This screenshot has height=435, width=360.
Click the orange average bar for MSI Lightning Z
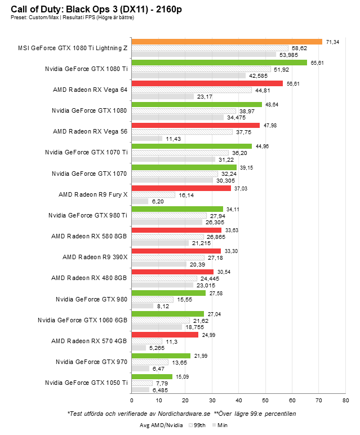tap(226, 42)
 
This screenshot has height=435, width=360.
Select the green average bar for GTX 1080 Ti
tap(219, 63)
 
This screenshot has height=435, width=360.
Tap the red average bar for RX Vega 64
tap(207, 83)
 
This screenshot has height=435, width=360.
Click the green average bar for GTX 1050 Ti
tap(152, 376)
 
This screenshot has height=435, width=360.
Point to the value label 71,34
tap(332, 42)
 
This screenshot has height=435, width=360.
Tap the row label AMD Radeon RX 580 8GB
tap(89, 236)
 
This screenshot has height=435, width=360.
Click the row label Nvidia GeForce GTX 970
tap(92, 362)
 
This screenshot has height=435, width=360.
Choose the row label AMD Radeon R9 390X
tap(95, 257)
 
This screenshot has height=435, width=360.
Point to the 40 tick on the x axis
tap(239, 401)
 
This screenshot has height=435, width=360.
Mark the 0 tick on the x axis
tap(132, 401)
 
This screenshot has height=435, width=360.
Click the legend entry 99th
tap(198, 426)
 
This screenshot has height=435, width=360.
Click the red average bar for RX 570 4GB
tap(165, 335)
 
